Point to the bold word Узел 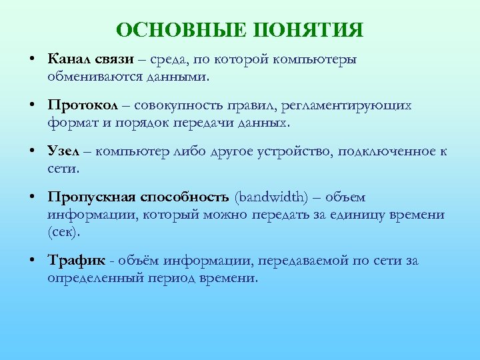(64, 151)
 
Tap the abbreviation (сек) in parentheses (63, 232)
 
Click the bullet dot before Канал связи (32, 59)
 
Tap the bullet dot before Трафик (32, 261)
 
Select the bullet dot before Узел (32, 151)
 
